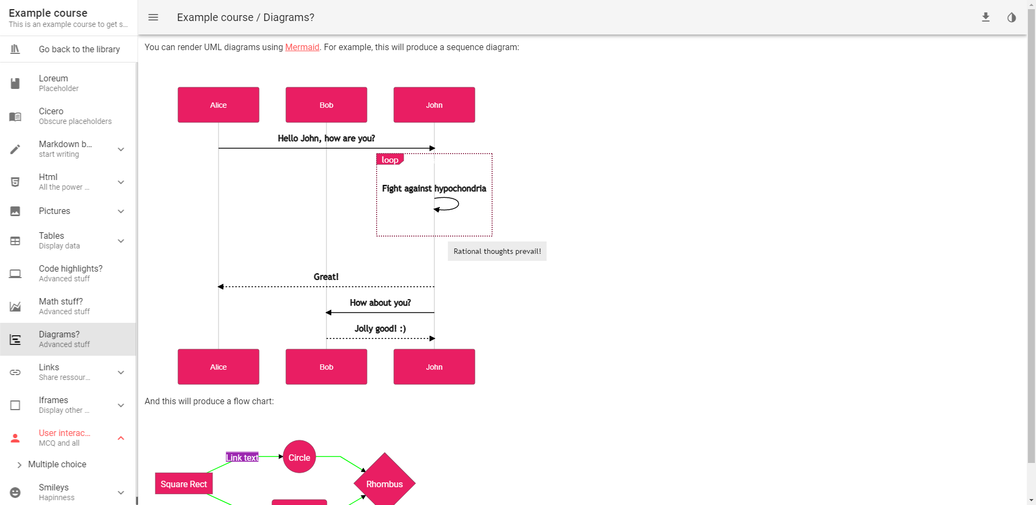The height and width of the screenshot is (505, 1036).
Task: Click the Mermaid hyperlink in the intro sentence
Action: pos(302,47)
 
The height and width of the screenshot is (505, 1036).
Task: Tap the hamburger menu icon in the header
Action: pos(153,17)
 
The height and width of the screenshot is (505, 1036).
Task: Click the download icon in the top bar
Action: pos(985,17)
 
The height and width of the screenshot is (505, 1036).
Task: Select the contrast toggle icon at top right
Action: pos(1011,17)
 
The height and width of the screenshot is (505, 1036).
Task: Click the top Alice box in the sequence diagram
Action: pos(218,105)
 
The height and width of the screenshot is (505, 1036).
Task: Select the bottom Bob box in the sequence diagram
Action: pos(326,367)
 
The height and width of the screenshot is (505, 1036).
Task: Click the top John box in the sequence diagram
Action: pos(434,105)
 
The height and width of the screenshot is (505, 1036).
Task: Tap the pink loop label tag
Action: pos(390,160)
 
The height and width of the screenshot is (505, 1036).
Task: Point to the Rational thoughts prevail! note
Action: pos(497,251)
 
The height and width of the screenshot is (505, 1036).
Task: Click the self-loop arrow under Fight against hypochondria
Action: pos(448,204)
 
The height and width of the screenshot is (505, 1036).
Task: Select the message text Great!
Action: pos(326,277)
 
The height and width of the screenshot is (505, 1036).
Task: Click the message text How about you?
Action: pos(380,303)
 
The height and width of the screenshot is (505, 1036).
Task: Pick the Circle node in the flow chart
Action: pos(299,457)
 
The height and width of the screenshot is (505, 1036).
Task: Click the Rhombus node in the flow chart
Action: pos(384,484)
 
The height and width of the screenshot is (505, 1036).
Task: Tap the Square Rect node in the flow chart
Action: pos(183,484)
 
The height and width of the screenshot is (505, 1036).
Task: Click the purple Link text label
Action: pos(242,458)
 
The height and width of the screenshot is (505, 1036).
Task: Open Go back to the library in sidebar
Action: pos(79,49)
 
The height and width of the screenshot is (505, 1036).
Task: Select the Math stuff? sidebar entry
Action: pos(60,306)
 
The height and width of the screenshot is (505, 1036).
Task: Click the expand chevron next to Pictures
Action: pos(121,211)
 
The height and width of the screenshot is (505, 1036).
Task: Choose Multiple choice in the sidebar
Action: pos(57,465)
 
